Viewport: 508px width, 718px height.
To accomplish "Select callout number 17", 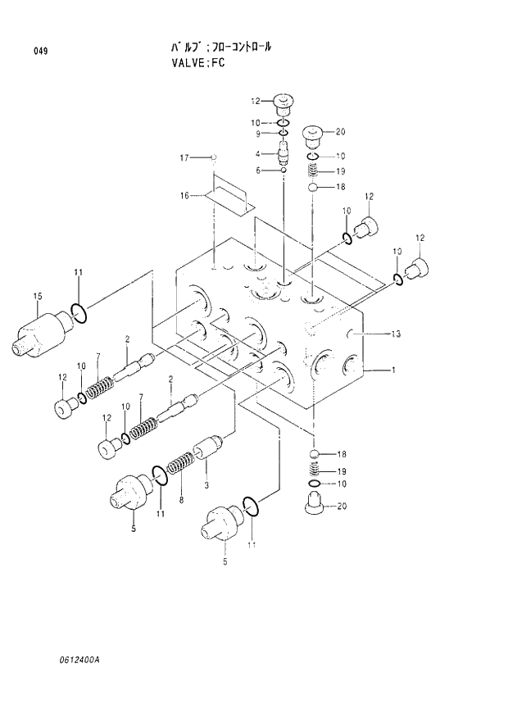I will coord(184,157).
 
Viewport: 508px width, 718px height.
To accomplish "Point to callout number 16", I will coord(184,195).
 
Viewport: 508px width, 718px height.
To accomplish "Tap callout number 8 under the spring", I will coord(181,499).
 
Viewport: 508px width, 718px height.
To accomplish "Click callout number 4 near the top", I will coord(257,153).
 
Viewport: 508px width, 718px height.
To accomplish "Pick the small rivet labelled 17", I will coord(213,156).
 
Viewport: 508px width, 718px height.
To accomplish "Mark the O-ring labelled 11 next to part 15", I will coord(79,311).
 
